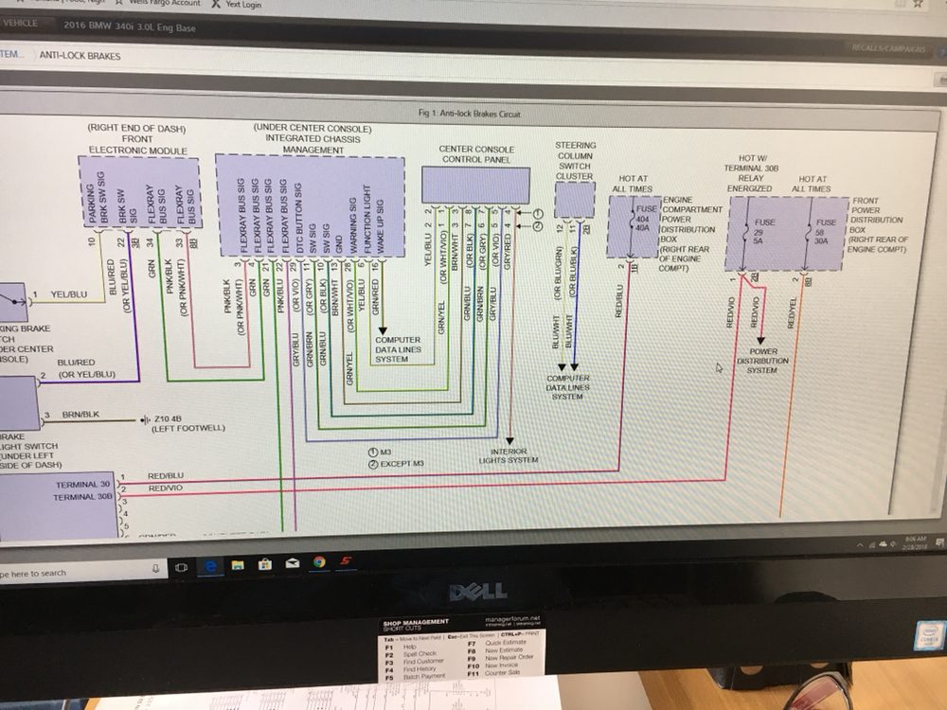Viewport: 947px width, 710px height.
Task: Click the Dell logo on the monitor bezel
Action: point(477,593)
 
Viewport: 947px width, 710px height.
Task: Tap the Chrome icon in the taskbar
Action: point(319,562)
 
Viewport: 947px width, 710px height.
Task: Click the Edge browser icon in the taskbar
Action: point(209,565)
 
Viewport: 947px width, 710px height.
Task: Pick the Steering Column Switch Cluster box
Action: point(574,199)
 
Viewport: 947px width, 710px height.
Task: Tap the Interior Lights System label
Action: point(509,456)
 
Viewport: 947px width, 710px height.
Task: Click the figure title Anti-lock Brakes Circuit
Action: point(469,115)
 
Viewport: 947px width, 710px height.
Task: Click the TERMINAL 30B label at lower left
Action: point(83,496)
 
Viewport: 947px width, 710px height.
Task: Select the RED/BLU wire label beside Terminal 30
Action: point(166,475)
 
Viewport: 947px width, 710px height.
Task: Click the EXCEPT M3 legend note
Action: point(398,464)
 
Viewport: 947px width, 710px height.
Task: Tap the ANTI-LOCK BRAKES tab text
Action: point(80,56)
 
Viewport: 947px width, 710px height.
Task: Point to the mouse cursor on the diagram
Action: point(719,366)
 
